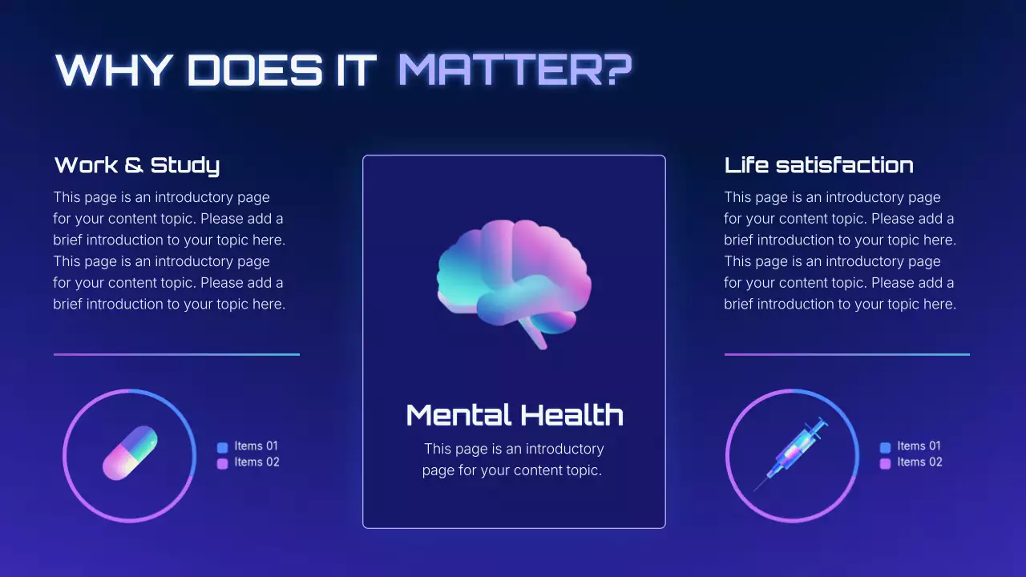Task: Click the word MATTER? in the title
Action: (515, 71)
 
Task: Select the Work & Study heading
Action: (137, 166)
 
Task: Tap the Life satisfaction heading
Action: (818, 166)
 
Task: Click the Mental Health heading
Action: (515, 415)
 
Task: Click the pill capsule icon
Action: (130, 454)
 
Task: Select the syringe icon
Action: (791, 454)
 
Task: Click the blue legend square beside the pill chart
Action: (223, 447)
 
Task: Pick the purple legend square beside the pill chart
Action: (223, 463)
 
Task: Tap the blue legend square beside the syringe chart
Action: (886, 447)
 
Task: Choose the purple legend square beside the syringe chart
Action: (886, 463)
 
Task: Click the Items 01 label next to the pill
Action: (256, 446)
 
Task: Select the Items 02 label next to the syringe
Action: (919, 462)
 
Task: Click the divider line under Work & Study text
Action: (176, 354)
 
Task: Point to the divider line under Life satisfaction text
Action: (847, 354)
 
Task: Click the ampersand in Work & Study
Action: (134, 166)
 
